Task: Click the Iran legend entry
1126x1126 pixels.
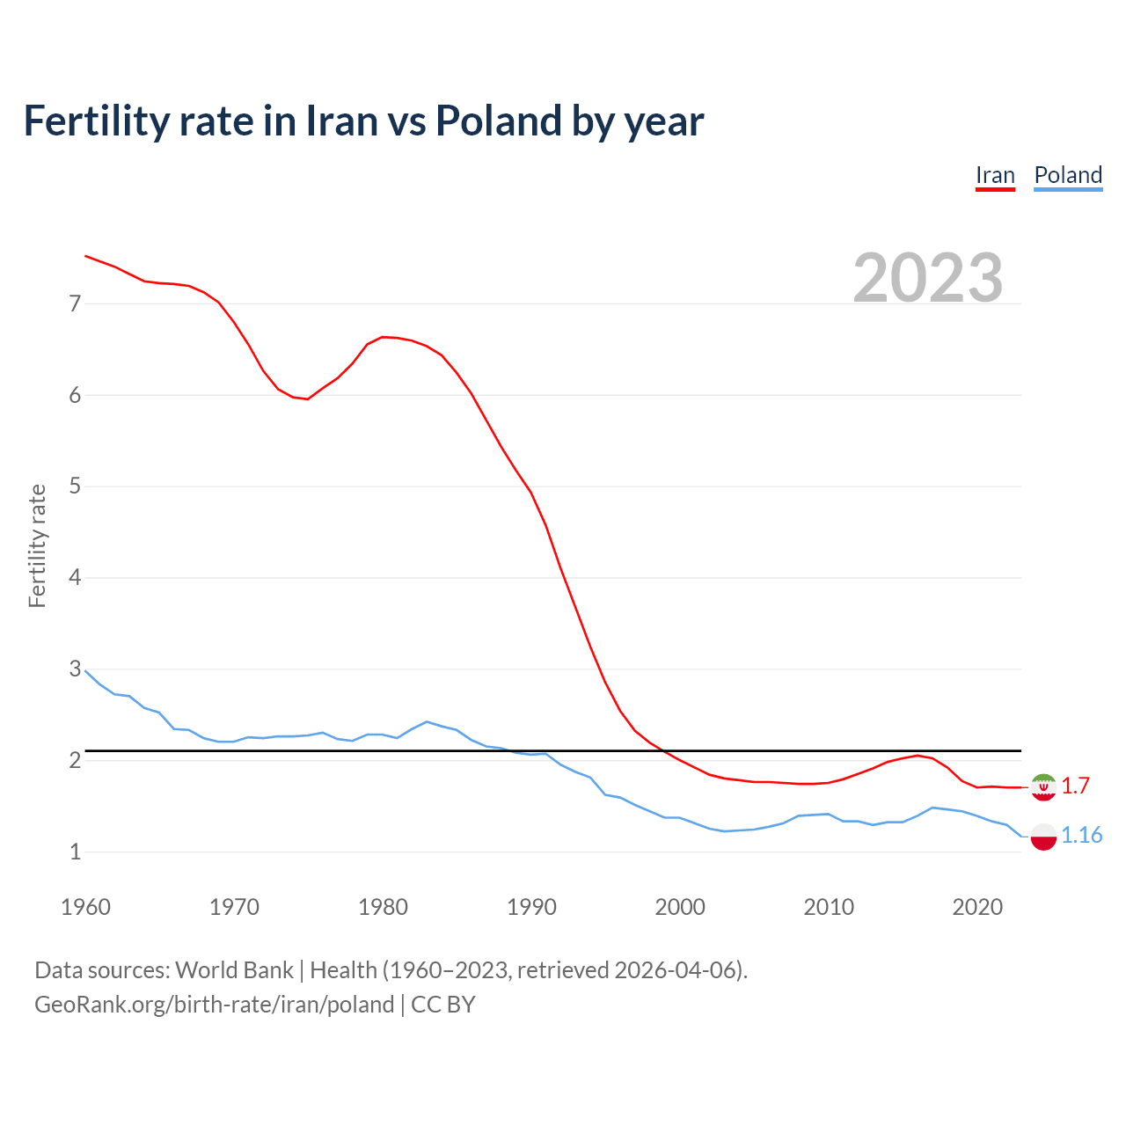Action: (x=995, y=175)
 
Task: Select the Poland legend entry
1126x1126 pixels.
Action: (x=1068, y=175)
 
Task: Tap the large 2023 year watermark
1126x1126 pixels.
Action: (x=928, y=278)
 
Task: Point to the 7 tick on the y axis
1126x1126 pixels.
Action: (x=75, y=304)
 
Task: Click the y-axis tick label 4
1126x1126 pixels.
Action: (x=75, y=578)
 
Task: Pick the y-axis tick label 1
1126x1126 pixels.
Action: (x=75, y=852)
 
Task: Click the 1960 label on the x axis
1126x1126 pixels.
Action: (x=85, y=907)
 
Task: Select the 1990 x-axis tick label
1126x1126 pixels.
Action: (x=531, y=907)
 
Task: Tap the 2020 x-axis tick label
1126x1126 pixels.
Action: (x=977, y=907)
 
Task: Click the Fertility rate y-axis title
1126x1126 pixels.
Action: (x=37, y=545)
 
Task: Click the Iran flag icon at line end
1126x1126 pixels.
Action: (x=1043, y=786)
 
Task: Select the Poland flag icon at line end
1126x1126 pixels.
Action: (x=1043, y=837)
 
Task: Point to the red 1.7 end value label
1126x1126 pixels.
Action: (x=1075, y=786)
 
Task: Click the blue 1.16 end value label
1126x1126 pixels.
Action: (x=1081, y=836)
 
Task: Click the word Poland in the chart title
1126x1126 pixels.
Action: (x=498, y=121)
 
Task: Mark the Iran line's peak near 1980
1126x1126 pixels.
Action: (x=383, y=337)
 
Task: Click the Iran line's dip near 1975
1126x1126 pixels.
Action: (x=307, y=399)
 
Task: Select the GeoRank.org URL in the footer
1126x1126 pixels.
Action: (x=214, y=1005)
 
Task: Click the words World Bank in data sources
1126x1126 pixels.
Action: (x=234, y=970)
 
